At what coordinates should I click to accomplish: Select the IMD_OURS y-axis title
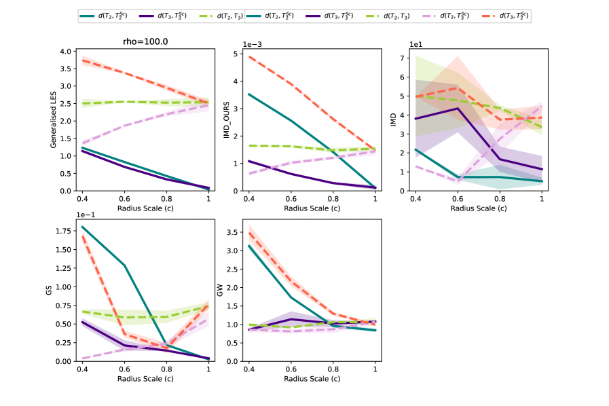coord(227,121)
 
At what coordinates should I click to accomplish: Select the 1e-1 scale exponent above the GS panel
coord(86,214)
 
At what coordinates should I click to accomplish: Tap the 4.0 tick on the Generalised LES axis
coord(66,52)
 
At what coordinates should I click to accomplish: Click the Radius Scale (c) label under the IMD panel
coord(479,208)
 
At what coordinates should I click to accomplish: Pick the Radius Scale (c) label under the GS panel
coord(145,378)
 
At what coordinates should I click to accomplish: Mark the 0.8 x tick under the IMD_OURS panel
coord(333,197)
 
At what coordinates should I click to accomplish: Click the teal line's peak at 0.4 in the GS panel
coord(82,227)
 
